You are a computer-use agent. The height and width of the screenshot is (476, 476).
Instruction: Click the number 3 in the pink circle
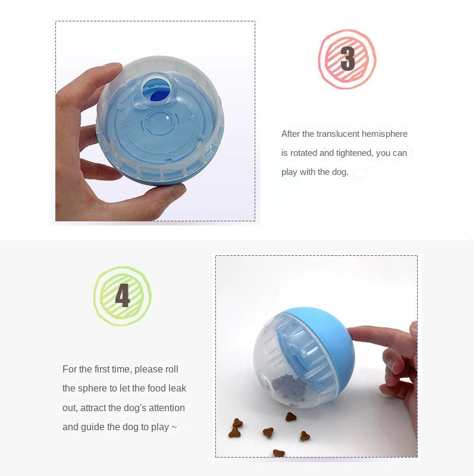pos(347,59)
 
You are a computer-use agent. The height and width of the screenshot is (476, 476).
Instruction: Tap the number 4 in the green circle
pos(123,296)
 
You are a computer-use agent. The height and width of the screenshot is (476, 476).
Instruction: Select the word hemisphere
pos(388,134)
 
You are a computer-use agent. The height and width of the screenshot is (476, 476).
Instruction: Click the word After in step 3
pos(290,134)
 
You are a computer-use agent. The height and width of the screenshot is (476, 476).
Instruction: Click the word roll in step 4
pos(171,369)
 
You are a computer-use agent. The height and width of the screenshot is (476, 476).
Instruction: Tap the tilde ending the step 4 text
pos(174,427)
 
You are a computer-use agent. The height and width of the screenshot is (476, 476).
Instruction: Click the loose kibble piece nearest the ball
pos(290,417)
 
